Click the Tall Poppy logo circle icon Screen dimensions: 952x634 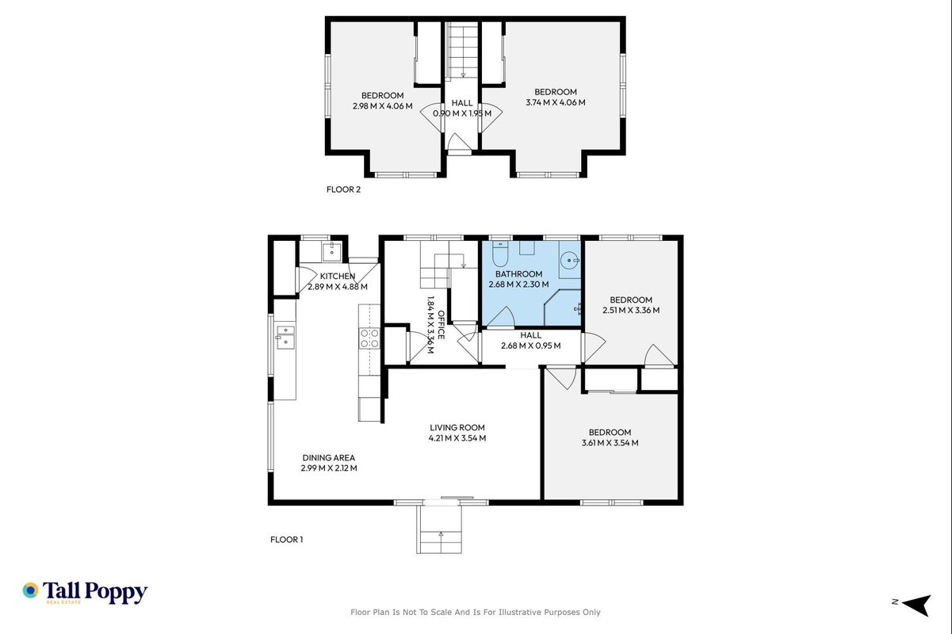(31, 590)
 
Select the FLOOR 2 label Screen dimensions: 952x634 (343, 189)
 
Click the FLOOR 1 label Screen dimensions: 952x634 (286, 540)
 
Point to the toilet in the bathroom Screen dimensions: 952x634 (500, 254)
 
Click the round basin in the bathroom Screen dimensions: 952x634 (568, 260)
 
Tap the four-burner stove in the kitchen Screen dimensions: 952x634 (369, 338)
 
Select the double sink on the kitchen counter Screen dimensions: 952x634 (285, 338)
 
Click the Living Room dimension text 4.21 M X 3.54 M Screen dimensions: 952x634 (457, 438)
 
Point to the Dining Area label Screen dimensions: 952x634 (328, 457)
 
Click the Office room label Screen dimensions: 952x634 (441, 325)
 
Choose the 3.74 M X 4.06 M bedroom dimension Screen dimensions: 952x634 (556, 102)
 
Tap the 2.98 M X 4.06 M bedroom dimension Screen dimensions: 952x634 (383, 106)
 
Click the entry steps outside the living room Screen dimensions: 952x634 (439, 529)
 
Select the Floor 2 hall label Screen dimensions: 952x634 (462, 103)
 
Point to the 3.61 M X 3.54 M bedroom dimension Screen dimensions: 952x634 (610, 443)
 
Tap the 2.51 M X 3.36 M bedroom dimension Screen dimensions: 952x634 (631, 310)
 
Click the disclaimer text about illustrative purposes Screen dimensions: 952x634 (475, 613)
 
